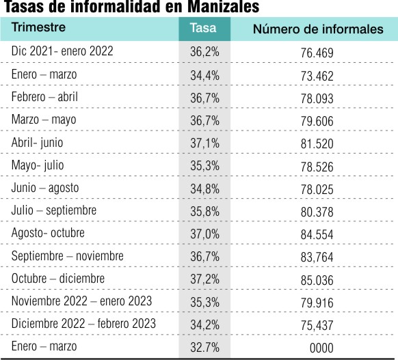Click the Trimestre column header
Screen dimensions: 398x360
[x=38, y=27]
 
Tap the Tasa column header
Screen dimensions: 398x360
[x=203, y=28]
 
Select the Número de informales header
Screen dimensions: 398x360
[x=318, y=29]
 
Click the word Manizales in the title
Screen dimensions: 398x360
[x=224, y=7]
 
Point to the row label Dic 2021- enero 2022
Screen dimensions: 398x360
[x=62, y=51]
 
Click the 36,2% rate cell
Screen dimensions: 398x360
[x=204, y=52]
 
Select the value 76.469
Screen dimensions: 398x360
[x=317, y=53]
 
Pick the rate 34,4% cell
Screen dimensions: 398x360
[x=204, y=76]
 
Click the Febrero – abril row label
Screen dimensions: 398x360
[x=44, y=96]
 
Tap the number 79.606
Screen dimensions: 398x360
[x=317, y=121]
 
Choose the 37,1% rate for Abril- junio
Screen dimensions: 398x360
[x=204, y=143]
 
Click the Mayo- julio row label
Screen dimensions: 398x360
[x=38, y=165]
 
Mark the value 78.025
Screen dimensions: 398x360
[x=317, y=189]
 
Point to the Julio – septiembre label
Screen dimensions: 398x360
[x=54, y=210]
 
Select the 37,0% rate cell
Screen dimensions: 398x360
[x=204, y=234]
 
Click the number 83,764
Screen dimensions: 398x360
[x=317, y=257]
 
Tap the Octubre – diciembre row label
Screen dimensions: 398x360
[x=58, y=278]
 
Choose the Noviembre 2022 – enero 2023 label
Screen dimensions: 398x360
[x=81, y=301]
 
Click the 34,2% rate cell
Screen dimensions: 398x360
[x=204, y=324]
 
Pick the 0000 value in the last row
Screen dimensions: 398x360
[x=321, y=348]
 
